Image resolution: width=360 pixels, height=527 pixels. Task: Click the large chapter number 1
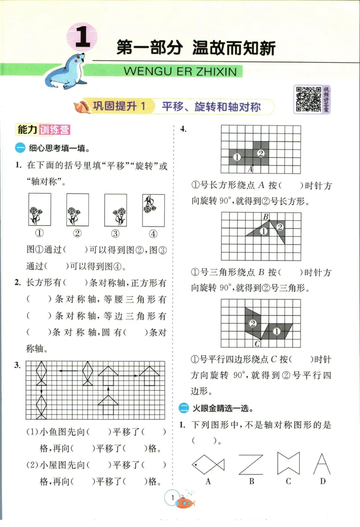pyautogui.click(x=82, y=38)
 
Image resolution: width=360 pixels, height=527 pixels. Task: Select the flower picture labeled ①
pyautogui.click(x=39, y=210)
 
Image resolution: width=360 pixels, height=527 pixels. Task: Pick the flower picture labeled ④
pyautogui.click(x=153, y=210)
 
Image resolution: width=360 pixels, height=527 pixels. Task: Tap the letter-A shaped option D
pyautogui.click(x=322, y=463)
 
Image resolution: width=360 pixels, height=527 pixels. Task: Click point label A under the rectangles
pyautogui.click(x=250, y=169)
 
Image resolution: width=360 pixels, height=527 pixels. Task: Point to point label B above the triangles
pyautogui.click(x=265, y=217)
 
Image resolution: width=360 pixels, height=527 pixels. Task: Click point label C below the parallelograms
pyautogui.click(x=257, y=344)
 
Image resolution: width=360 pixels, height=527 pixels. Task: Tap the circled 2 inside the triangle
pyautogui.click(x=280, y=227)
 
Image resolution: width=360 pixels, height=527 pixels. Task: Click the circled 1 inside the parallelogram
pyautogui.click(x=277, y=331)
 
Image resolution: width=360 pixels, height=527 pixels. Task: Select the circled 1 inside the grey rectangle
pyautogui.click(x=237, y=157)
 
